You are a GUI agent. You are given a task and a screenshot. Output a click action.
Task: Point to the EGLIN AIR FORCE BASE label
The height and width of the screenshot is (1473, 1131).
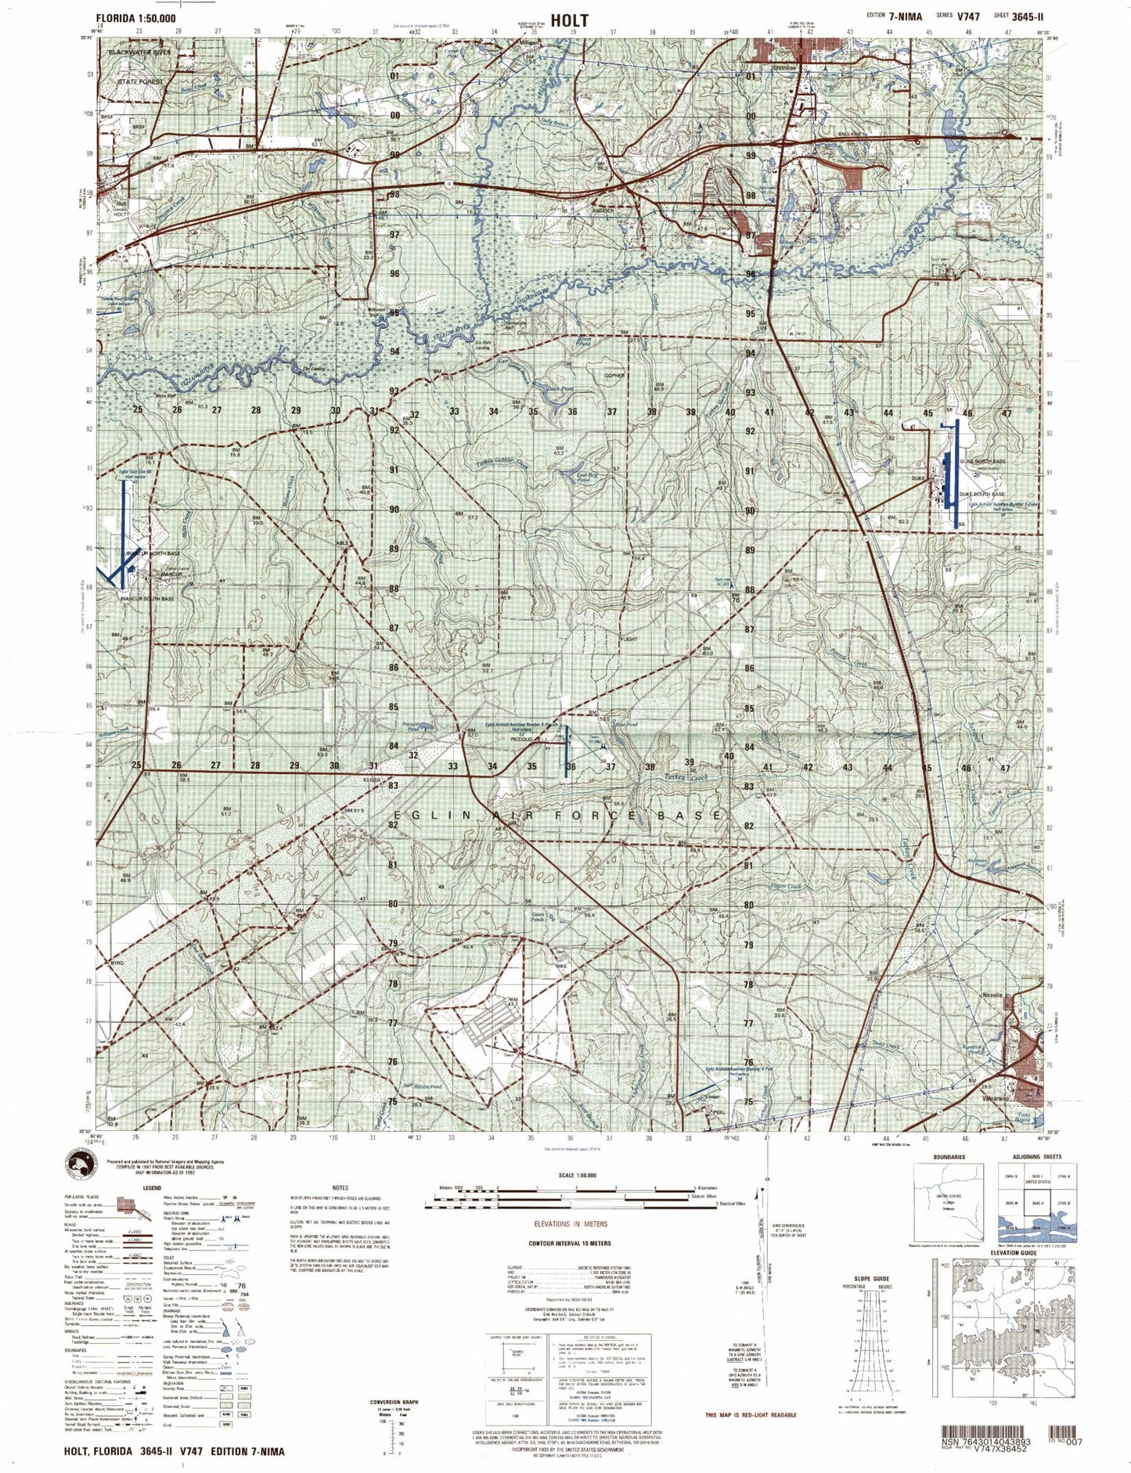pyautogui.click(x=556, y=816)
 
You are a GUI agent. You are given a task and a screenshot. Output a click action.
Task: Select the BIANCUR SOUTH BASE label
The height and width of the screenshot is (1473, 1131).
pyautogui.click(x=147, y=599)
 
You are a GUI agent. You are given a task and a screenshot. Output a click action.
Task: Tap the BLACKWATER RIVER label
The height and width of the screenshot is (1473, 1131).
pyautogui.click(x=140, y=52)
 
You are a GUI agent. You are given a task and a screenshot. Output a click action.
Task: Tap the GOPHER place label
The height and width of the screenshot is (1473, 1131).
pyautogui.click(x=614, y=376)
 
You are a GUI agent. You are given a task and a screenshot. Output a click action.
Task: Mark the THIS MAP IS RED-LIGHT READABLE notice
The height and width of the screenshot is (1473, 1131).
pyautogui.click(x=751, y=1414)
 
